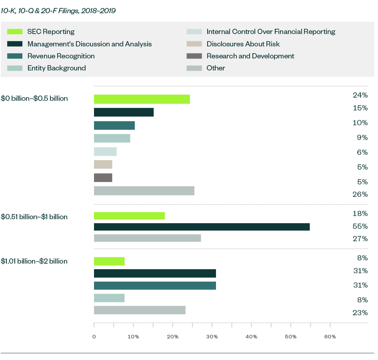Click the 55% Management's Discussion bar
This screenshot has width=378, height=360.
click(202, 227)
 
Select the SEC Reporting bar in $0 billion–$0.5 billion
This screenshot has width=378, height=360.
click(142, 99)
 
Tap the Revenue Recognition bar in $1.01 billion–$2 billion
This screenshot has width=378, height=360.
click(155, 285)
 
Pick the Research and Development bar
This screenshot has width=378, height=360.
click(103, 178)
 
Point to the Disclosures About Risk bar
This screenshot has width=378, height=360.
click(103, 164)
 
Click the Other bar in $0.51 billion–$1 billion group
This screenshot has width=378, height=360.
click(147, 238)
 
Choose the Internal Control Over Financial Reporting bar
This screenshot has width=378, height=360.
click(105, 152)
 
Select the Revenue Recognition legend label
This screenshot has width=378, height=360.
click(61, 56)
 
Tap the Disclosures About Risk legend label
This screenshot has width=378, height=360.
click(243, 44)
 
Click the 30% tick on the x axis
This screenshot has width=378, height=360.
click(212, 337)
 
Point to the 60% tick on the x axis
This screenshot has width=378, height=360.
click(330, 337)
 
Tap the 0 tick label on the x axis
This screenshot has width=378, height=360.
click(94, 337)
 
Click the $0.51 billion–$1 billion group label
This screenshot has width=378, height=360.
click(34, 217)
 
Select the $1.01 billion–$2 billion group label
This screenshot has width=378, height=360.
click(34, 261)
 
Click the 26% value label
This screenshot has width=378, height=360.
click(360, 194)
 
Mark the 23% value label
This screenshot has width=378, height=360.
click(360, 313)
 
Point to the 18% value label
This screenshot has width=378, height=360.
click(360, 214)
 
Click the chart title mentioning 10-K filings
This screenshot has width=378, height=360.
click(58, 11)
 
